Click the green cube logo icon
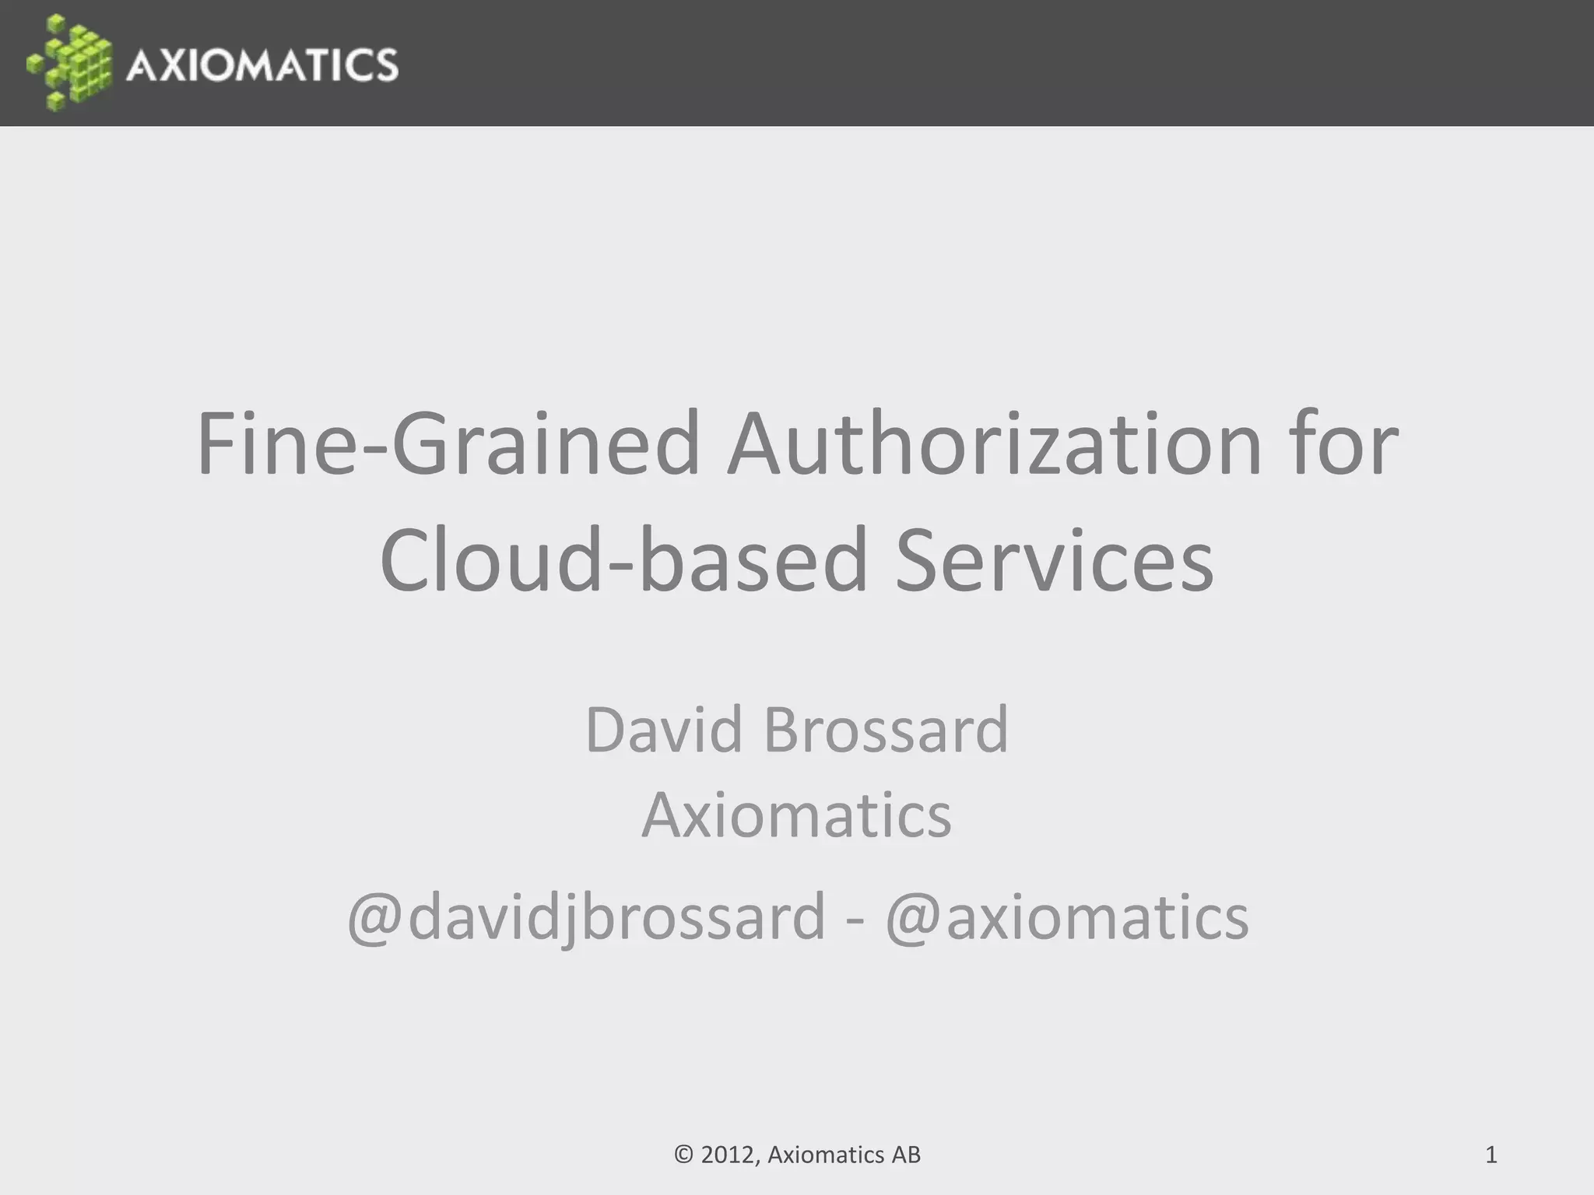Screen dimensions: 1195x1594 point(70,62)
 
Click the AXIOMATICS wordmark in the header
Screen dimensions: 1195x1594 point(262,64)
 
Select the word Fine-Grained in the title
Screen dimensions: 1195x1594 point(448,444)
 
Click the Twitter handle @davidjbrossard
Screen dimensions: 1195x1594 point(586,917)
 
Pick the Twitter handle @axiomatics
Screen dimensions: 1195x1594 point(1066,917)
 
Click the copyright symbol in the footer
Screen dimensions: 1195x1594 point(683,1155)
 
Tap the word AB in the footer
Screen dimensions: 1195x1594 point(906,1155)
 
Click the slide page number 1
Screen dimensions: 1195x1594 point(1491,1155)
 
